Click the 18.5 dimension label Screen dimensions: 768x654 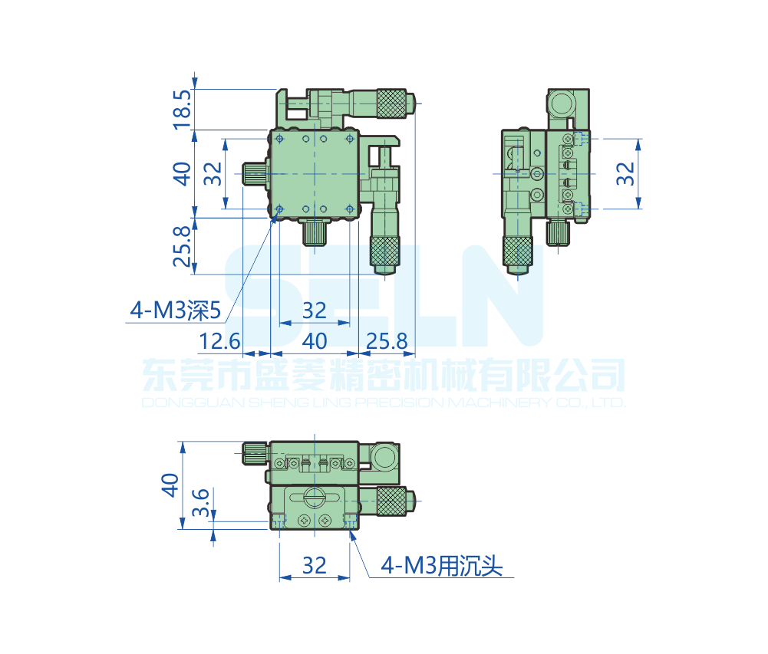[x=182, y=109]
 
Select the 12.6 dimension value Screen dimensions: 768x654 [x=219, y=341]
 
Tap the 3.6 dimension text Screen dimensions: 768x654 [x=201, y=502]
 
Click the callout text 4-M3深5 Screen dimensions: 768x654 [x=176, y=311]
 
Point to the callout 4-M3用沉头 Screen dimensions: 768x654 [x=442, y=566]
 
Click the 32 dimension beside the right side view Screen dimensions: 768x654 [x=625, y=174]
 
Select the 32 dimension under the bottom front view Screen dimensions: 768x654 [x=314, y=566]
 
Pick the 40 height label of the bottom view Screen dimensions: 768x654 [x=170, y=485]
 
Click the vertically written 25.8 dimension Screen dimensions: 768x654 [x=182, y=246]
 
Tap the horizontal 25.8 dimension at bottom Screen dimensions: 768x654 [x=387, y=341]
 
